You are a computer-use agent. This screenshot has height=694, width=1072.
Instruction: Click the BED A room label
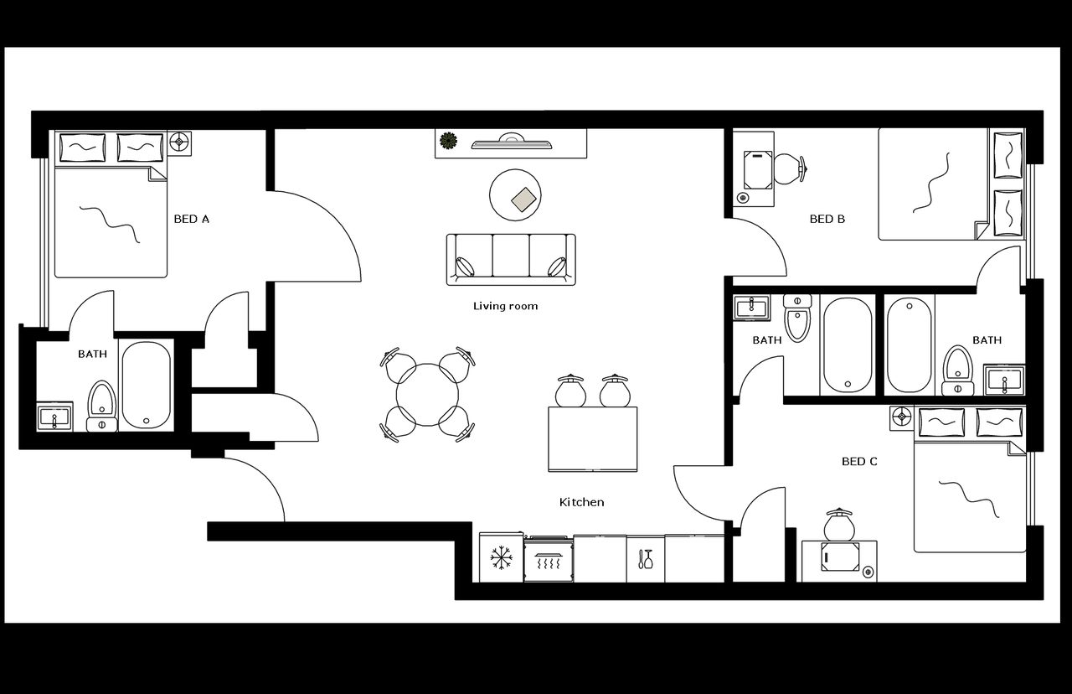[x=191, y=219]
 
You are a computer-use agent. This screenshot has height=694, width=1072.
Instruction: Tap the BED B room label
[x=827, y=219]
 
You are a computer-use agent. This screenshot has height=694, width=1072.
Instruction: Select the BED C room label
[x=859, y=461]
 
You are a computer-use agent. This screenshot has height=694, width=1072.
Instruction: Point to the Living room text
[x=505, y=306]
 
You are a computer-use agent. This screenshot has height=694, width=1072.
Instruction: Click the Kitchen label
[x=581, y=502]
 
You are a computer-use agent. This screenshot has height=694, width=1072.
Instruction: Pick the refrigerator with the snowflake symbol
[x=501, y=557]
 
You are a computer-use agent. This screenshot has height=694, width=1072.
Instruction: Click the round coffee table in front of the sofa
[x=515, y=194]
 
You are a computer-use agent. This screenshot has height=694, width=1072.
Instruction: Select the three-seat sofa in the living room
[x=511, y=258]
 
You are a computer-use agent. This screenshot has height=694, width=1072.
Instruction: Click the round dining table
[x=428, y=394]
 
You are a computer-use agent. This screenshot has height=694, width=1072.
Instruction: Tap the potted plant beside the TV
[x=449, y=141]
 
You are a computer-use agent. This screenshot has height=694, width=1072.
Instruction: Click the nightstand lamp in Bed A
[x=178, y=142]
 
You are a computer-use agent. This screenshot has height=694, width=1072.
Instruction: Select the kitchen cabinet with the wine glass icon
[x=645, y=558]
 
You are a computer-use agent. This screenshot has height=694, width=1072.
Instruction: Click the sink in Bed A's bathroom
[x=55, y=417]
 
